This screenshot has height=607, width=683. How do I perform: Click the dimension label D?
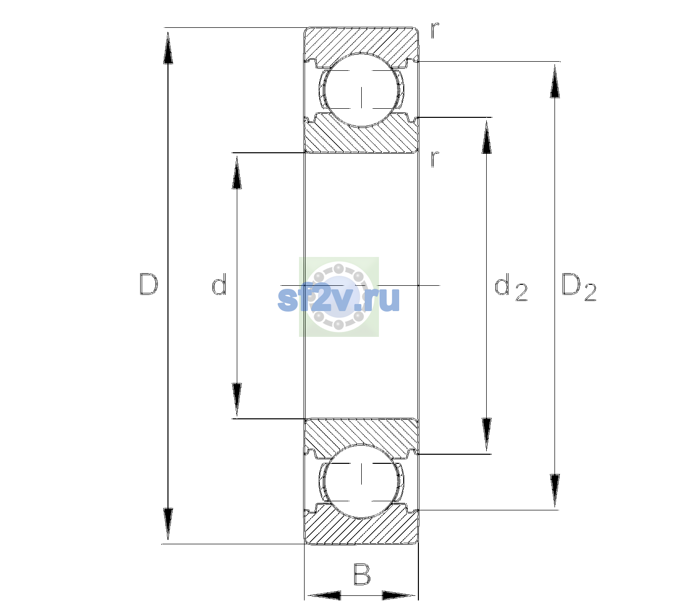click(149, 284)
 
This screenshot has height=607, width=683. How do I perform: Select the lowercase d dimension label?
click(219, 284)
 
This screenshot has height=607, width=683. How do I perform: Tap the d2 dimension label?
click(511, 287)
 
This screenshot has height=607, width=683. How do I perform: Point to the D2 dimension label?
click(579, 287)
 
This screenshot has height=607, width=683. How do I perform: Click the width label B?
click(362, 574)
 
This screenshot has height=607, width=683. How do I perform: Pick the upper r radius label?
click(435, 30)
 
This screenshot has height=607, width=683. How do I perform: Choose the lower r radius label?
click(435, 159)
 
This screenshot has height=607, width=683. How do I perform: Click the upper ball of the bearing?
click(361, 90)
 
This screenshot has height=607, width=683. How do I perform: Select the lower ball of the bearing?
click(361, 481)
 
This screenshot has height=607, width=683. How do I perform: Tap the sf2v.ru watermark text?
click(338, 298)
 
